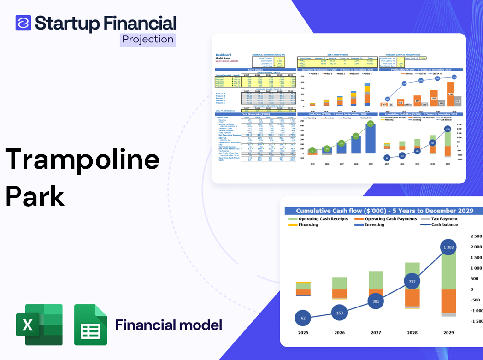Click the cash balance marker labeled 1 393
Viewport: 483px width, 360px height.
coord(446,248)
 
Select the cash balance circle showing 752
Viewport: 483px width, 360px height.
coord(412,281)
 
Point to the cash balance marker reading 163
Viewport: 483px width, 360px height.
coord(339,313)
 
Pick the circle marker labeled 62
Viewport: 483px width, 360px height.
coord(302,318)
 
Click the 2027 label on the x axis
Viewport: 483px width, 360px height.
coord(376,332)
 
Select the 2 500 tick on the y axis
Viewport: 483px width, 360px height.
coord(475,236)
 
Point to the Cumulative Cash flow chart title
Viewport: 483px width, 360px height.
coord(384,211)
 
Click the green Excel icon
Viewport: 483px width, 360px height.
coord(39,325)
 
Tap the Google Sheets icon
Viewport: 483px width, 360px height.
coord(91,325)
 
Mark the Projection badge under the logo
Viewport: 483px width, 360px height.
coord(147,40)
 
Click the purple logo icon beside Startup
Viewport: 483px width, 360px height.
coord(23,23)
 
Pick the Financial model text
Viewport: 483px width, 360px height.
coord(168,325)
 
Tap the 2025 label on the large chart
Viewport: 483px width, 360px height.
coord(303,332)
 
